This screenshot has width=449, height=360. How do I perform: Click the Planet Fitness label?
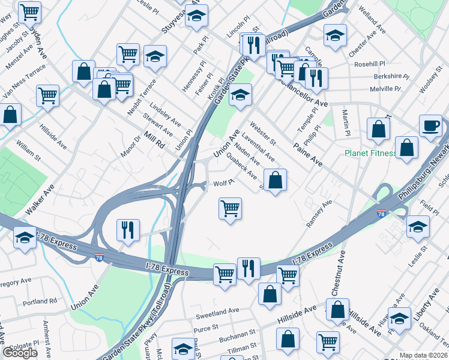tap(370, 153)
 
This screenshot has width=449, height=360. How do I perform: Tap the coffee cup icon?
tap(430, 126)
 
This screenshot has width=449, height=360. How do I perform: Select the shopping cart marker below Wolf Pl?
tap(230, 209)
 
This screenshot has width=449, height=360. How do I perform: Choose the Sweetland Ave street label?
tap(217, 313)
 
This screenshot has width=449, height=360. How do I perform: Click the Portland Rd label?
tap(40, 301)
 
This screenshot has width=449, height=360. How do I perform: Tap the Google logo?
tap(20, 353)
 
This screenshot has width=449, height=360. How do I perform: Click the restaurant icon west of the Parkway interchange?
tap(128, 229)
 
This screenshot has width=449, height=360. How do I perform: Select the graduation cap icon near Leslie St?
tap(418, 227)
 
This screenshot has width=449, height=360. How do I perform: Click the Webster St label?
tap(263, 134)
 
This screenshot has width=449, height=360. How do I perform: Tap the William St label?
tap(28, 150)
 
